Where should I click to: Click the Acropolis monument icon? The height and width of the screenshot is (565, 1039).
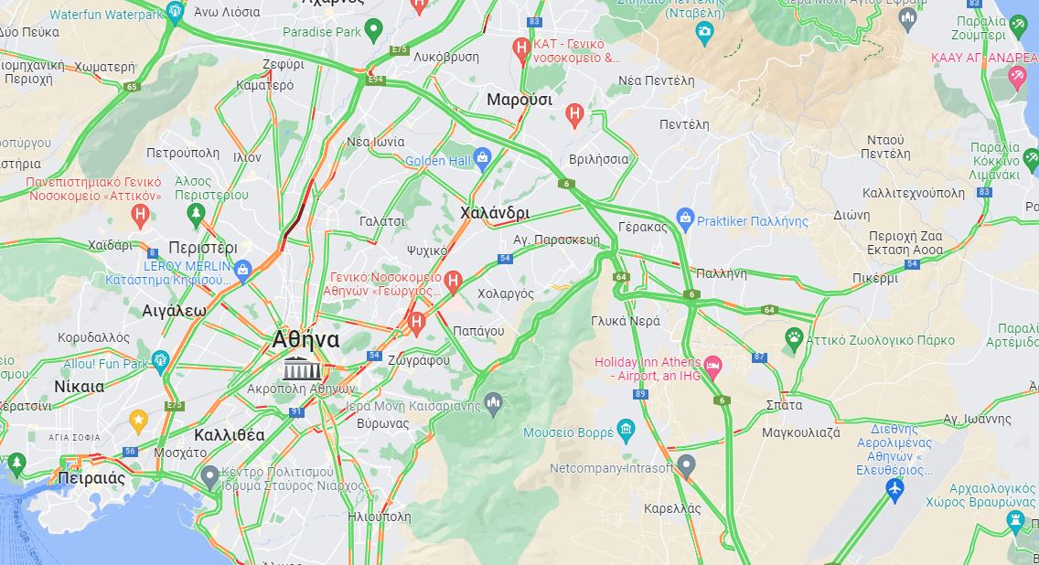[x=302, y=370]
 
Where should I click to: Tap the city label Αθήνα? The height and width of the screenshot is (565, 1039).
[x=305, y=340]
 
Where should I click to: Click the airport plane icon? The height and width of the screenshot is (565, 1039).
[x=895, y=490]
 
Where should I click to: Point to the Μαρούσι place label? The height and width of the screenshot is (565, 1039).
[x=519, y=99]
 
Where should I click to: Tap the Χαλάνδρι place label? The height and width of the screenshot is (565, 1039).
[x=494, y=213]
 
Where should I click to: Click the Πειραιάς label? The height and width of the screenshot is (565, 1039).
[x=91, y=478]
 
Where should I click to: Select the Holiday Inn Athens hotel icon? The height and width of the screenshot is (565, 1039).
[x=713, y=368]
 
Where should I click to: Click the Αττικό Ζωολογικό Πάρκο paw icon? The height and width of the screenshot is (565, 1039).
[x=794, y=339]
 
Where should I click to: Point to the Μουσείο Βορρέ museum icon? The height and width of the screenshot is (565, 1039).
[x=626, y=429]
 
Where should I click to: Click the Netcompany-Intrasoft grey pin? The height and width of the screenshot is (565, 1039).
[x=686, y=465]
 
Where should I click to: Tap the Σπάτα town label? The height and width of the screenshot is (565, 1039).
[x=784, y=404]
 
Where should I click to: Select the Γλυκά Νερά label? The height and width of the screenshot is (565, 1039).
[x=625, y=321]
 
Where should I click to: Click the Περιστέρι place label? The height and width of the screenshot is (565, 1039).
[x=203, y=248]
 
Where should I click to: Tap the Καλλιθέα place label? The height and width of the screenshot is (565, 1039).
[x=229, y=434]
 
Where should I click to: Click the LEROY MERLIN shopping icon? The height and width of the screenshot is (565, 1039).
[x=242, y=270]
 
